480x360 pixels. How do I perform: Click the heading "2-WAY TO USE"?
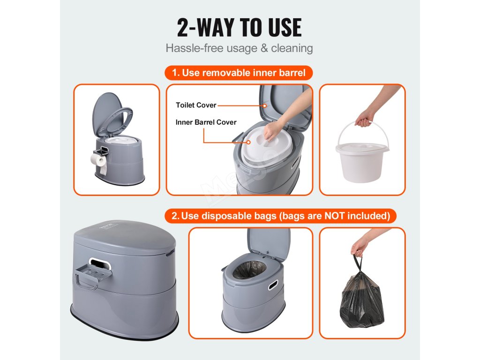click(240, 28)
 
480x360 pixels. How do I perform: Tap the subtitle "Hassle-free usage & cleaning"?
click(240, 48)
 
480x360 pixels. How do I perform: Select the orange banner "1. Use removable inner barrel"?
click(239, 73)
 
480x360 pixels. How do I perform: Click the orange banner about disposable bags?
click(280, 216)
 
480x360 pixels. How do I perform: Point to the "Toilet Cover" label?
click(196, 105)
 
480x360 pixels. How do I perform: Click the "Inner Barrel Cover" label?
click(206, 122)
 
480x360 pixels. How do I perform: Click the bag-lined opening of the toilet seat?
click(249, 270)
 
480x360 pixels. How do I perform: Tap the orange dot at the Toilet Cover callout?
click(265, 105)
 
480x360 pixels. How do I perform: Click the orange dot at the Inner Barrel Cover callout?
click(248, 142)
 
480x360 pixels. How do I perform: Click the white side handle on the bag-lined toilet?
click(273, 285)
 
